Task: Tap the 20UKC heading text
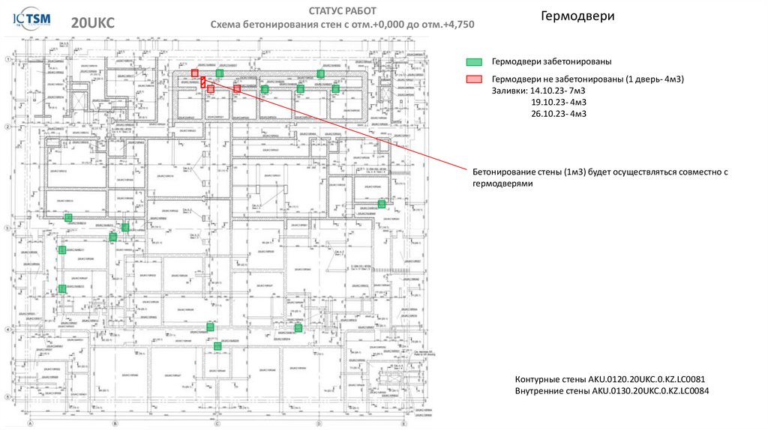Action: [93, 23]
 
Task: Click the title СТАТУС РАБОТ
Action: [342, 10]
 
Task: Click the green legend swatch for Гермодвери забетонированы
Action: [473, 61]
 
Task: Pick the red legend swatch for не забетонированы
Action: [473, 79]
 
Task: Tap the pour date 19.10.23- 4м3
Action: [558, 102]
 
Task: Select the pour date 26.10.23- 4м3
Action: [558, 114]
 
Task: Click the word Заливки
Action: [509, 90]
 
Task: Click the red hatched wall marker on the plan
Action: [202, 82]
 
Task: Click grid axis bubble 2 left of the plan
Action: [7, 126]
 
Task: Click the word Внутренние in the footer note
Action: [541, 391]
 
